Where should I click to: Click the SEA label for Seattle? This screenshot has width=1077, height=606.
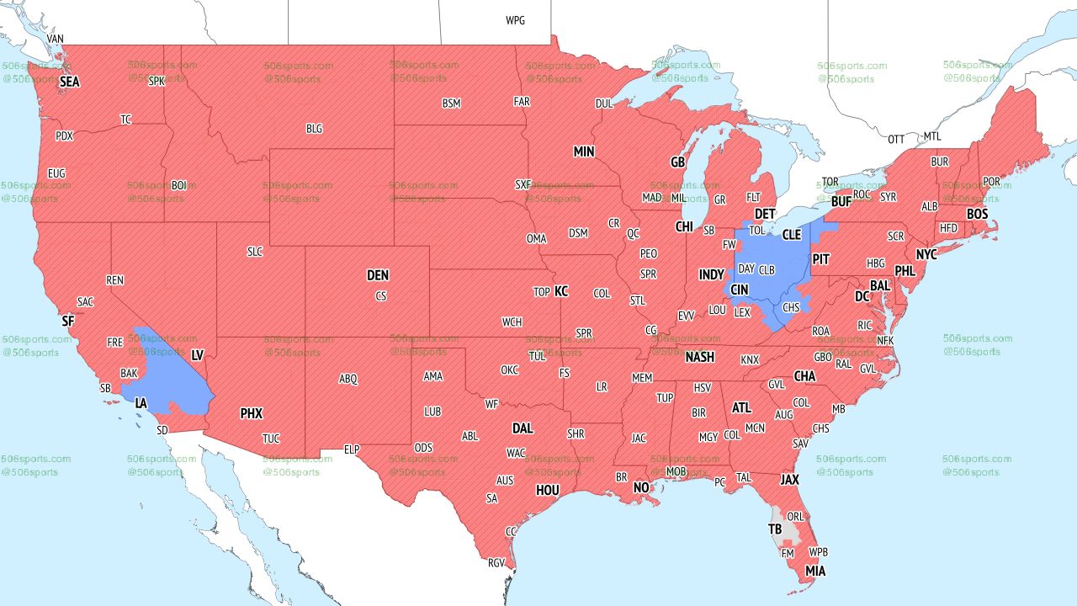tap(69, 82)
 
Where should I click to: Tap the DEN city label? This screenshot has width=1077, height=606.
tap(378, 275)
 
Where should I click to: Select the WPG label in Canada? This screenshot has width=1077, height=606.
tap(515, 20)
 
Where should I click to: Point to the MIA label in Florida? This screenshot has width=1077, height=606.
tap(814, 571)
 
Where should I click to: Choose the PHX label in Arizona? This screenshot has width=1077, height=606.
tap(251, 413)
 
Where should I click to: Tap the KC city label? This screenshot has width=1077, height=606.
tap(561, 291)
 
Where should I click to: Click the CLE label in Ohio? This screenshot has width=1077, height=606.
tap(791, 235)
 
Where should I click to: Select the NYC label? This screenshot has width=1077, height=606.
tap(926, 254)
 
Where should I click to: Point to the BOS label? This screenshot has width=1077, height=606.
tap(977, 215)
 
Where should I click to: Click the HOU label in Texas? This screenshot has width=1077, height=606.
tap(548, 490)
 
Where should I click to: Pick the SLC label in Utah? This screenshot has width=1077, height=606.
tap(254, 252)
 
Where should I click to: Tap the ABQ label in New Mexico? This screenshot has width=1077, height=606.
tap(348, 379)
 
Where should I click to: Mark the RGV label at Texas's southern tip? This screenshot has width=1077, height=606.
tap(496, 563)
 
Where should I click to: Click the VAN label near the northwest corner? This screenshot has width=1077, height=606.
tap(56, 39)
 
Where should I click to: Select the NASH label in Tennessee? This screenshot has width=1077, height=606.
tap(699, 357)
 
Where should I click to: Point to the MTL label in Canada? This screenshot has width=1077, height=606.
tap(932, 136)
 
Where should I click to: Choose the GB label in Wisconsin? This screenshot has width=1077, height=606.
tap(677, 162)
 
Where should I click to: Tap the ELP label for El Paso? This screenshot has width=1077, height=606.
tap(352, 450)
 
